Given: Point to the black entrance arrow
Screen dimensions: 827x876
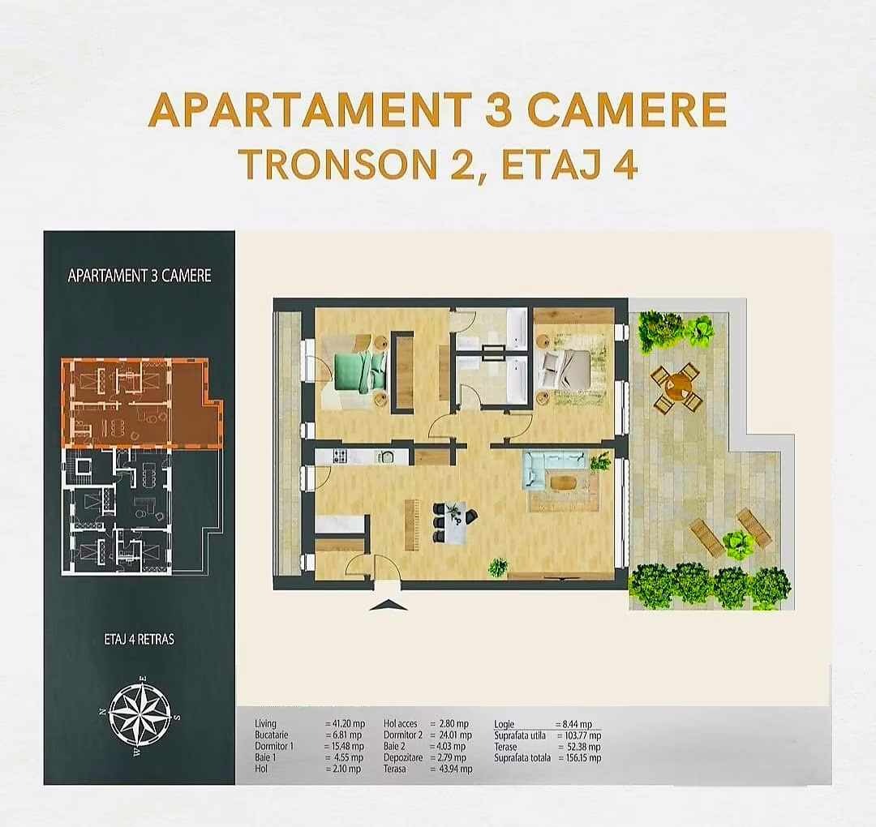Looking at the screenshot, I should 388,605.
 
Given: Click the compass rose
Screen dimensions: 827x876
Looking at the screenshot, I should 140,714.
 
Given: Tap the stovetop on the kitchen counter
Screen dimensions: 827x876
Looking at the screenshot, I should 339,456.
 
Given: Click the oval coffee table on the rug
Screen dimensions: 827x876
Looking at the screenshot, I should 564,483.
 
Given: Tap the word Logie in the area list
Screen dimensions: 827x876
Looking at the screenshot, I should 505,724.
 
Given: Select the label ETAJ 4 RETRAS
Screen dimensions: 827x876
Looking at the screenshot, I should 140,639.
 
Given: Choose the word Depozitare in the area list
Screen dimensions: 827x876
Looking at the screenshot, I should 403,758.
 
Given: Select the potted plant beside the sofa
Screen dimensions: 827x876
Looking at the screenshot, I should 601,461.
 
